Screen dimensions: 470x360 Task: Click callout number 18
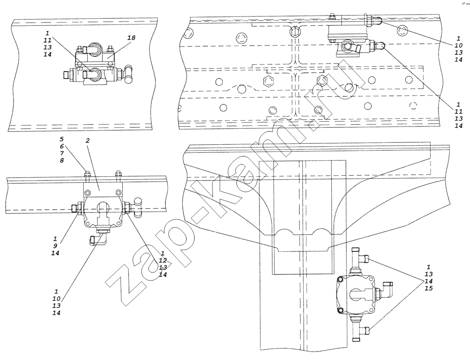pyautogui.click(x=131, y=38)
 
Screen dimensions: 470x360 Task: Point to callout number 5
pyautogui.click(x=62, y=140)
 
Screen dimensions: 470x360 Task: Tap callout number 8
pyautogui.click(x=62, y=161)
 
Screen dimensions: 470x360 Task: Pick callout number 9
pyautogui.click(x=55, y=246)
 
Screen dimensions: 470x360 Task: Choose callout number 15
pyautogui.click(x=429, y=289)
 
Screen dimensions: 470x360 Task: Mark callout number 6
pyautogui.click(x=62, y=147)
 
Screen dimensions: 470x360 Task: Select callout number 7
pyautogui.click(x=62, y=154)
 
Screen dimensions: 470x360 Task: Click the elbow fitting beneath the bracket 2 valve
pyautogui.click(x=96, y=239)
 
